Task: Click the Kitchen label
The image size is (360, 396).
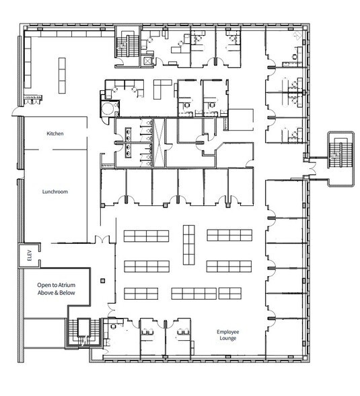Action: click(x=55, y=134)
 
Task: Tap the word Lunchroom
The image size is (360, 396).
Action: click(x=55, y=191)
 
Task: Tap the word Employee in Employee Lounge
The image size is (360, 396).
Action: click(x=229, y=331)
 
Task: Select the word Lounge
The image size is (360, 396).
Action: click(x=229, y=341)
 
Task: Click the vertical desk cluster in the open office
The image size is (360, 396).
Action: click(x=189, y=240)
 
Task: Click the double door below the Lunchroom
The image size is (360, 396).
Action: click(x=100, y=240)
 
